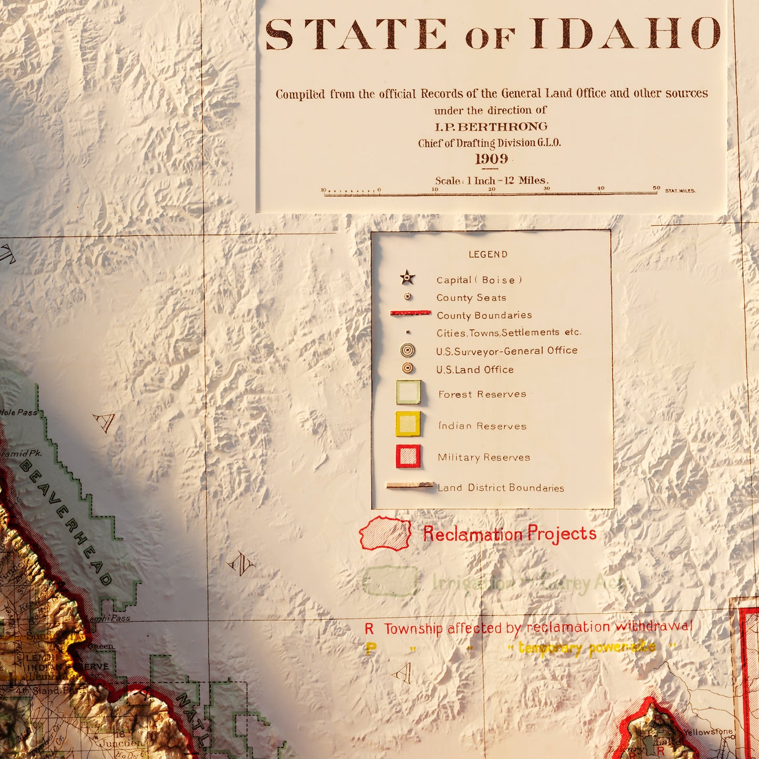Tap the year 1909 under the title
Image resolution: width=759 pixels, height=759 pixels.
point(492,159)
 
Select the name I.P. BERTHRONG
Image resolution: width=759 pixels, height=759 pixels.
point(491,127)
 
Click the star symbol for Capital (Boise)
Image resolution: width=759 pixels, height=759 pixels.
point(407,278)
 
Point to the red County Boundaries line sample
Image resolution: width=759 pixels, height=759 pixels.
point(410,313)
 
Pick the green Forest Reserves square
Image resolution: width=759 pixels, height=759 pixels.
point(408,392)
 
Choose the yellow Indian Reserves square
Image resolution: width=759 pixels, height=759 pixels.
point(408,424)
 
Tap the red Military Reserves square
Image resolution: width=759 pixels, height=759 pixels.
point(408,456)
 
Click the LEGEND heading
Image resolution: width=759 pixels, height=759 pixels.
point(488,255)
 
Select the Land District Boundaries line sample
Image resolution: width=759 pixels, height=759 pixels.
point(410,486)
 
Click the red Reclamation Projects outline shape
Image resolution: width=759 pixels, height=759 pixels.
point(386,533)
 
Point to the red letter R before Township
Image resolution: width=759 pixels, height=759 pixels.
point(369,629)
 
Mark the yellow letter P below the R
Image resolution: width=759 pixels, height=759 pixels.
point(371,649)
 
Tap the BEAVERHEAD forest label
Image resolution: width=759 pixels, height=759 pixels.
point(66,523)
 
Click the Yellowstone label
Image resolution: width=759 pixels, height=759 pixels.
point(708,732)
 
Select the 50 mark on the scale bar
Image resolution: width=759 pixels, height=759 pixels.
point(657,188)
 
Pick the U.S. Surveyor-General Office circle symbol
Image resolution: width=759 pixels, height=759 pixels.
point(407,350)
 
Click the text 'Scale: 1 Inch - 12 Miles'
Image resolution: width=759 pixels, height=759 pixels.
point(492,181)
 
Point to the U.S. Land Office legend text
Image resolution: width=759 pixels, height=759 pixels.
point(475,370)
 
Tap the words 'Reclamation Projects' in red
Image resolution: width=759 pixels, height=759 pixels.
point(510,534)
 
